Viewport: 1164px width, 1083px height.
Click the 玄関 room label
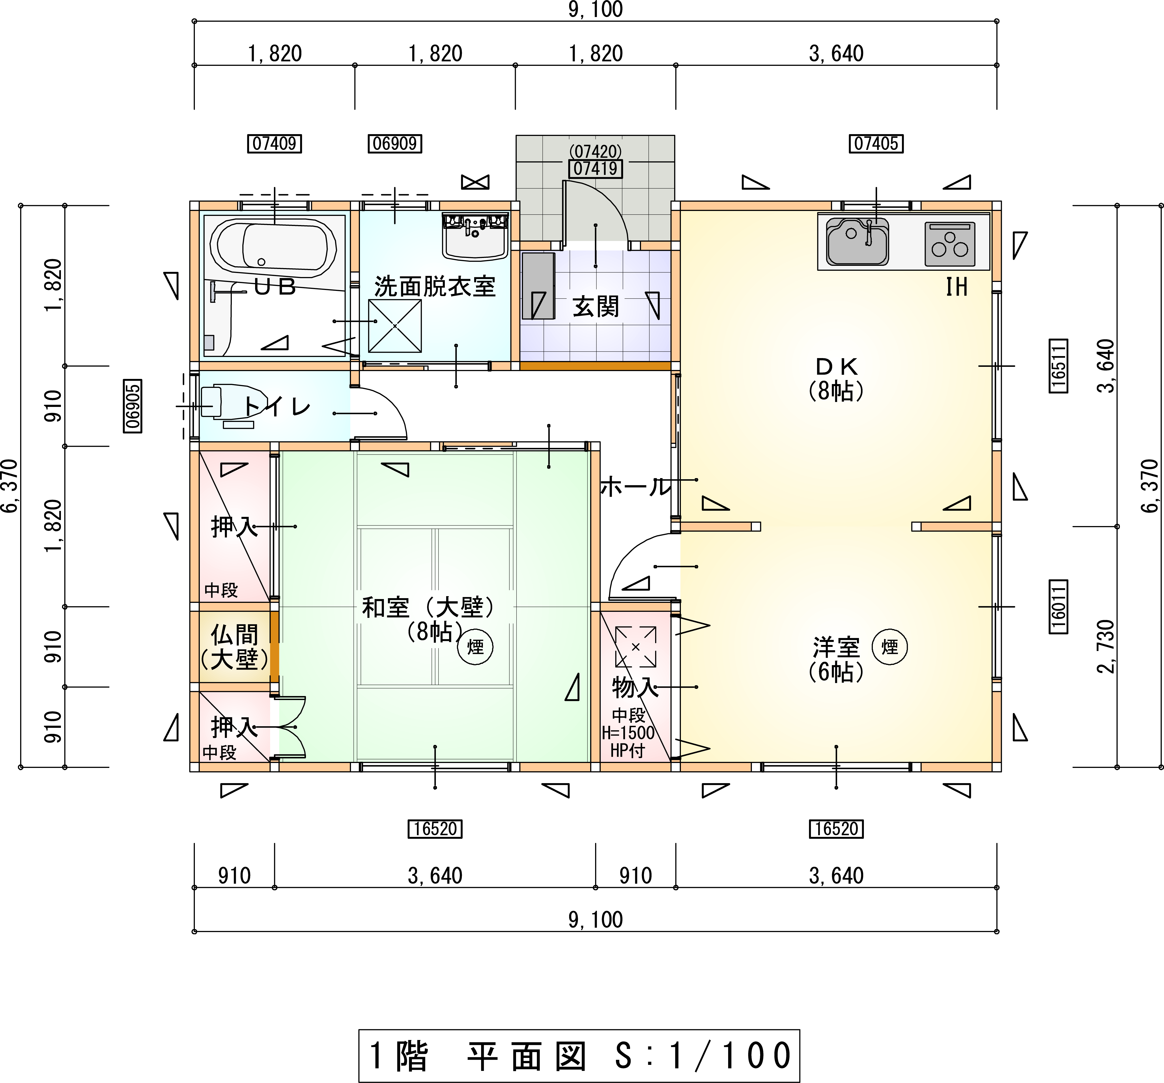pyautogui.click(x=596, y=306)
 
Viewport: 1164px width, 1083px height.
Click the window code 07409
pyautogui.click(x=275, y=143)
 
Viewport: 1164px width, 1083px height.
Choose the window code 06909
pyautogui.click(x=395, y=143)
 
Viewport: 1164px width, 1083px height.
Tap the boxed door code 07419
pyautogui.click(x=596, y=169)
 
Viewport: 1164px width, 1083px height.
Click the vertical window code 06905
pyautogui.click(x=133, y=406)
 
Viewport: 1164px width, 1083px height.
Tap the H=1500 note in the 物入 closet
pyautogui.click(x=628, y=732)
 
